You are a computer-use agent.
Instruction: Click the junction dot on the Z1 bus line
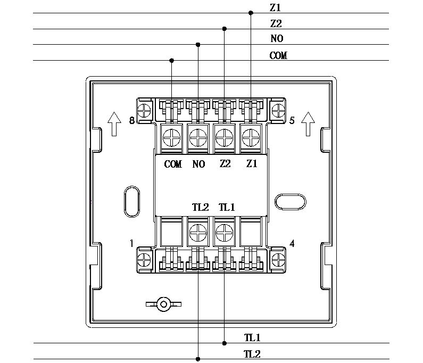coord(251,13)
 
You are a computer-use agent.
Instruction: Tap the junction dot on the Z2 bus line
coord(224,29)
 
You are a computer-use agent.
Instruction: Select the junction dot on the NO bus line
coord(198,45)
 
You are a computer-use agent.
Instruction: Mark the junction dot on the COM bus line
coord(171,61)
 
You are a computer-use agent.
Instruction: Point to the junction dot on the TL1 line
coord(225,343)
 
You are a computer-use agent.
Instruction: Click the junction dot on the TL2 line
coord(198,359)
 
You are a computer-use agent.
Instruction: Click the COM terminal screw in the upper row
coord(171,138)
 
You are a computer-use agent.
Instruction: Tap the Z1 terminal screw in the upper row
coord(251,138)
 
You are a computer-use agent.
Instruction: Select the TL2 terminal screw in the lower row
coord(198,233)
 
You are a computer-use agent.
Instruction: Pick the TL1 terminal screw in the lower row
coord(225,233)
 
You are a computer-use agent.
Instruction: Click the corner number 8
coord(132,120)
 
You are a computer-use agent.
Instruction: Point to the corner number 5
coord(292,120)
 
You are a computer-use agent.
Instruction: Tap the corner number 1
coord(131,243)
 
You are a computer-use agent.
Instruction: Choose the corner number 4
coord(292,243)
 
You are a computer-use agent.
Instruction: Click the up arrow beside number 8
coord(114,124)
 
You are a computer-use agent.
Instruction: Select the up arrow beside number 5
coord(308,124)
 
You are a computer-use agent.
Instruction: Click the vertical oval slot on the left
coord(125,201)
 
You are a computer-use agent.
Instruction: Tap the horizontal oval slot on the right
coord(291,194)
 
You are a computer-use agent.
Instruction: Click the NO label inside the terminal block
coord(199,164)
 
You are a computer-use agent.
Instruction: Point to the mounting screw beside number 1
coord(144,260)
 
